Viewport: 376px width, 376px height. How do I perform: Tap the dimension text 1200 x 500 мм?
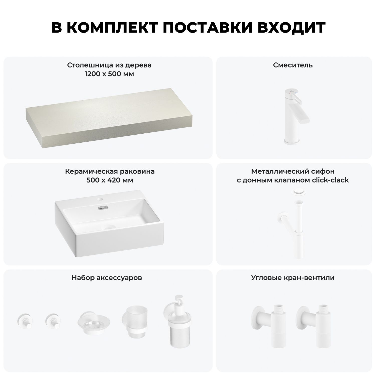[109, 74]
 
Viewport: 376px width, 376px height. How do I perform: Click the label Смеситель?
[293, 65]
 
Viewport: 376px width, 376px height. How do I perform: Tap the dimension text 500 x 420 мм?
[110, 180]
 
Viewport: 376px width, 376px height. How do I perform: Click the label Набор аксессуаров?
[107, 278]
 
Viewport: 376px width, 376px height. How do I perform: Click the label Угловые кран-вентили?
[293, 278]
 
